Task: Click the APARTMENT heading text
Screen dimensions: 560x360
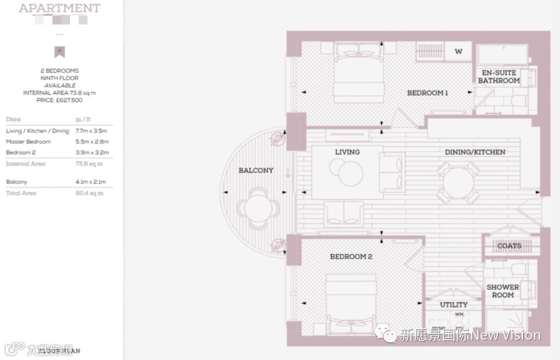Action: click(x=59, y=8)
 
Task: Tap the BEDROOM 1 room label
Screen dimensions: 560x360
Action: click(x=427, y=93)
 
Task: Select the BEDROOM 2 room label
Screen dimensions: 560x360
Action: click(x=351, y=256)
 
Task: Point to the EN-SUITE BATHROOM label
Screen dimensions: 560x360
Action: click(x=498, y=77)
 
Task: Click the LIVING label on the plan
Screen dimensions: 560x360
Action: click(x=347, y=152)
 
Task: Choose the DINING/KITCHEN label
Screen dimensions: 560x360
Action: click(x=475, y=152)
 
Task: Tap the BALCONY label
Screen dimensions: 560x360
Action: click(x=256, y=170)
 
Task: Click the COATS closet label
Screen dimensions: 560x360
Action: click(x=509, y=246)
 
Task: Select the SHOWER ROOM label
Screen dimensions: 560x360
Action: click(x=502, y=291)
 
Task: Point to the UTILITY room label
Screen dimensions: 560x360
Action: click(x=454, y=304)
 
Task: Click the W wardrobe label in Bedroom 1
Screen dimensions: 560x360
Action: click(x=458, y=51)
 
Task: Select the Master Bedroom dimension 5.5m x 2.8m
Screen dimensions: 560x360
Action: click(x=92, y=142)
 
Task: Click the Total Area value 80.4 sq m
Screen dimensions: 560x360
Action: click(x=89, y=193)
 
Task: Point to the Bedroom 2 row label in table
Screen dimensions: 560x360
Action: click(x=21, y=153)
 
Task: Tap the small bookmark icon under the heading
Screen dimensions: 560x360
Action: click(x=60, y=51)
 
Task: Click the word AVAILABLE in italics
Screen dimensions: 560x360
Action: click(x=60, y=86)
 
